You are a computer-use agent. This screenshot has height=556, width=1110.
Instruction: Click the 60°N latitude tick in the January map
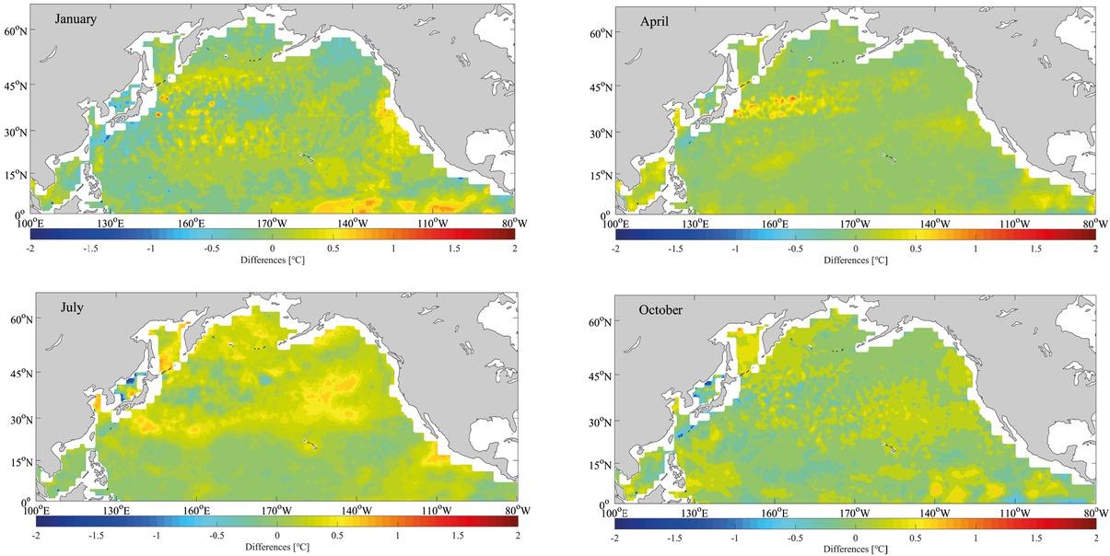(x=17, y=30)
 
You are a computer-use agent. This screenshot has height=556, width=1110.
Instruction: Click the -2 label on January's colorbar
(x=31, y=249)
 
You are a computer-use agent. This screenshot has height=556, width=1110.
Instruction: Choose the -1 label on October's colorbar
(x=734, y=537)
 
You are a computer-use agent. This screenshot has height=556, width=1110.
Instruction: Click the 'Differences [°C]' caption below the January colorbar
(x=273, y=260)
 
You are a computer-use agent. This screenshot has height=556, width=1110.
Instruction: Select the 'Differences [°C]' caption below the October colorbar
(x=856, y=549)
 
